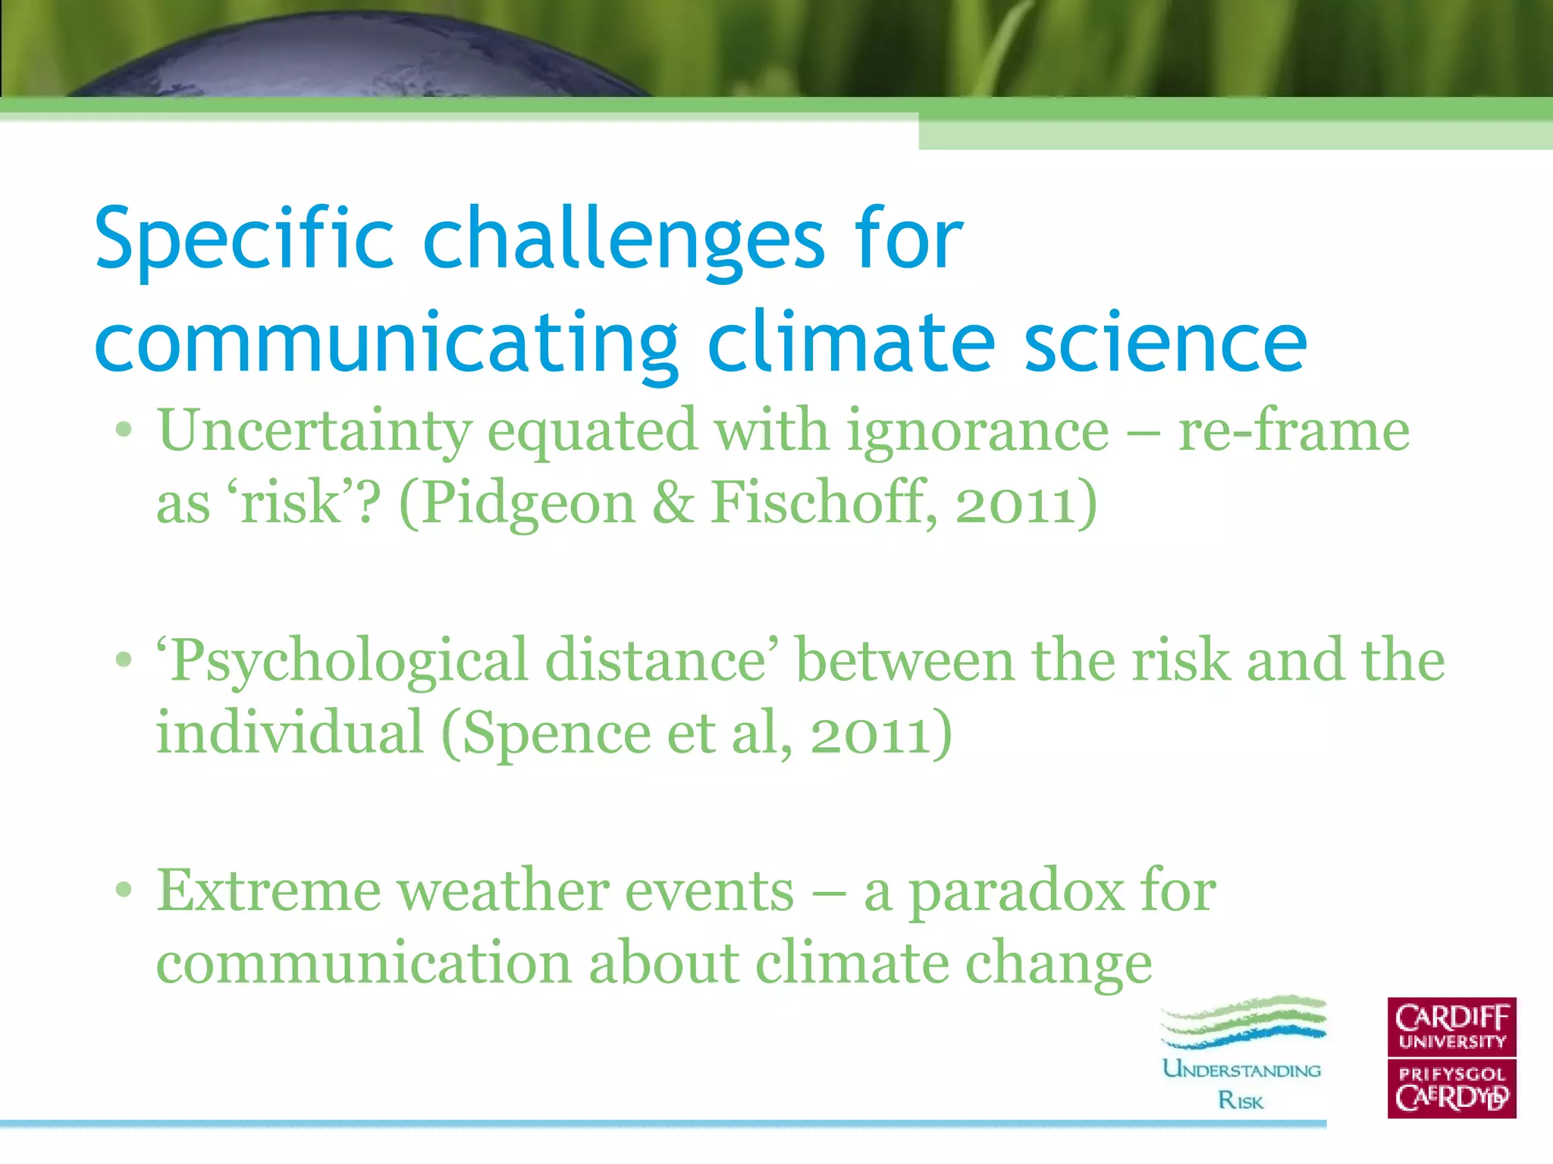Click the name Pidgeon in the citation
coord(526,503)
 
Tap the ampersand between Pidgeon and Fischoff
coord(672,503)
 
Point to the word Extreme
coord(268,891)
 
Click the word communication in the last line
coord(363,964)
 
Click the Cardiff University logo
coord(1451,1058)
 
